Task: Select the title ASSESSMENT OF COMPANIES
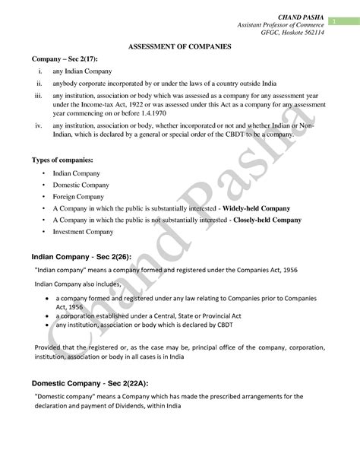[180, 46]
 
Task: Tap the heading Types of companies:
[63, 161]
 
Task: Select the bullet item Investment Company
[83, 231]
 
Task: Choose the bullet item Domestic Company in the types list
[81, 185]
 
